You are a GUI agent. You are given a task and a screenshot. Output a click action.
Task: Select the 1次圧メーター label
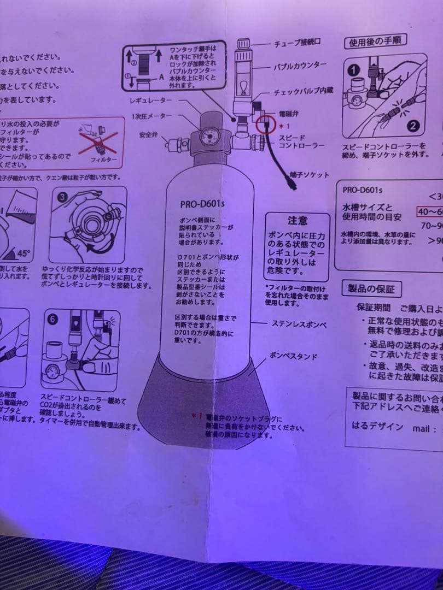(x=151, y=116)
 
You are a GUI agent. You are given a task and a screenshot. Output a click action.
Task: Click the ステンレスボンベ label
(x=299, y=324)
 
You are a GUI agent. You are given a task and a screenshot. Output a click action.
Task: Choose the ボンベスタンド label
(x=293, y=356)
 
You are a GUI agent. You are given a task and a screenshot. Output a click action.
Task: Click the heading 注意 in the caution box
(x=298, y=221)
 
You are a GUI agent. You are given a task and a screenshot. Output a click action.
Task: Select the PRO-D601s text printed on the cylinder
(x=203, y=204)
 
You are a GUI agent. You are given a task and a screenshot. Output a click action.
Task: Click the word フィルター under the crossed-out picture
(x=104, y=160)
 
